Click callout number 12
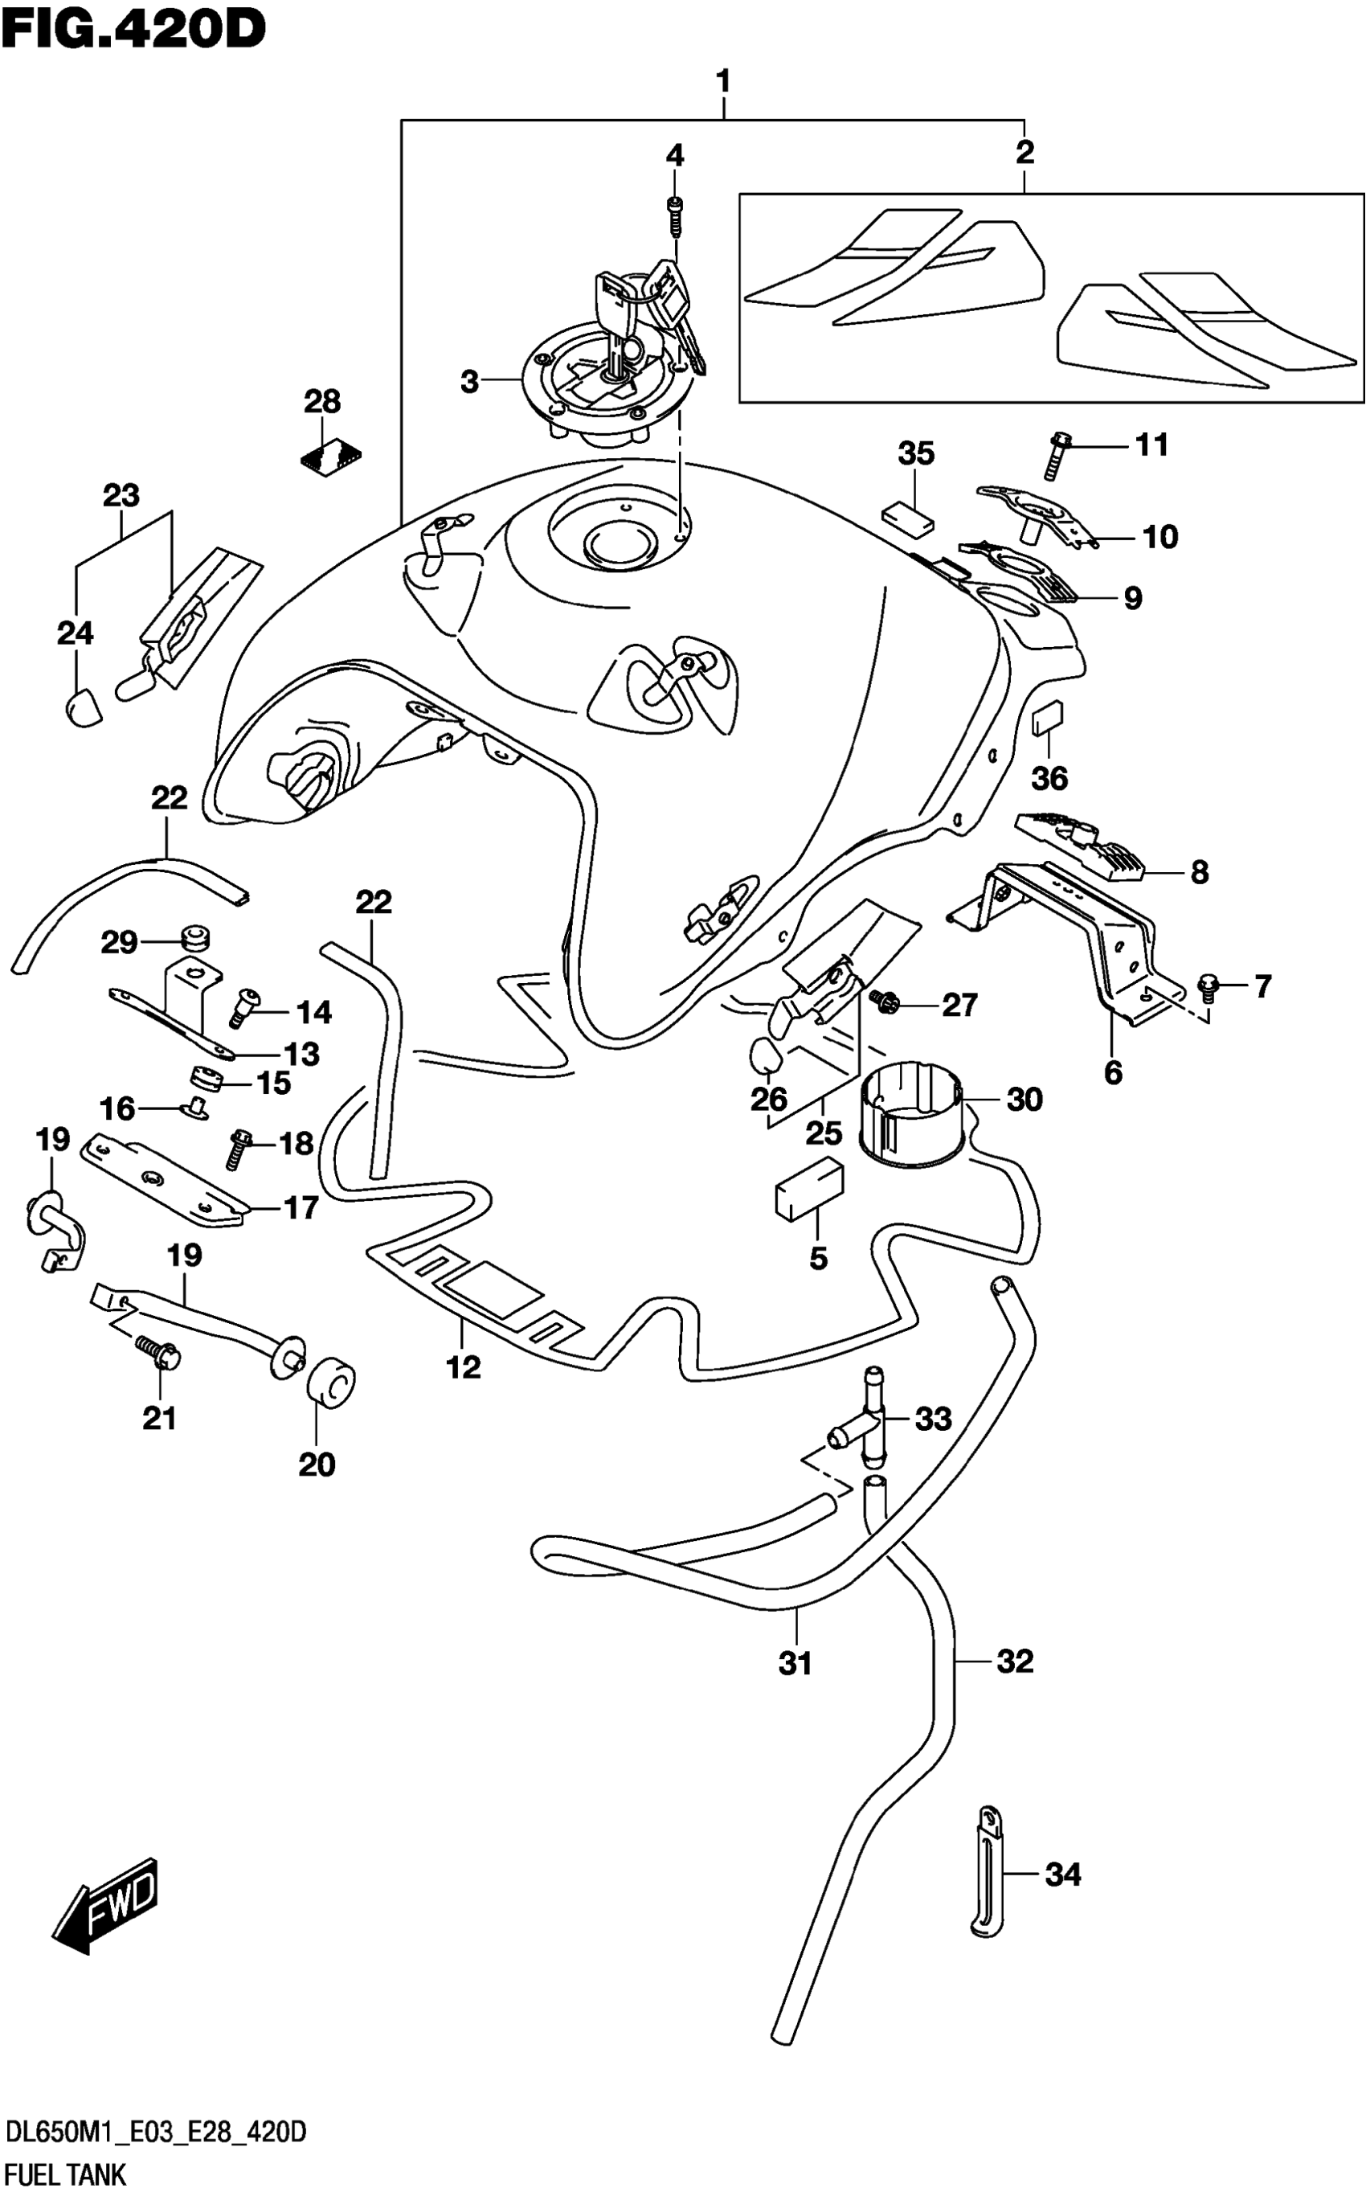coord(464,1367)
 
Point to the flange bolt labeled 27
coord(884,1001)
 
